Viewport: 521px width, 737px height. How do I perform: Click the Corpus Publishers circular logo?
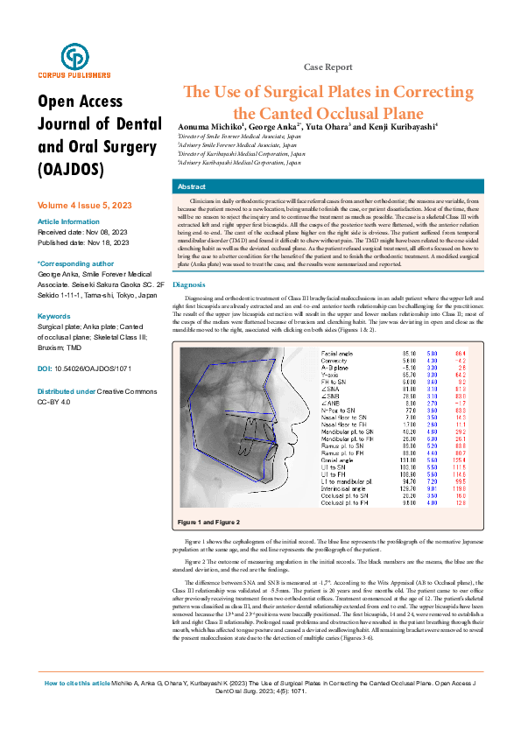74,57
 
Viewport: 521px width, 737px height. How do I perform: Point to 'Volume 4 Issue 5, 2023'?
84,204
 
